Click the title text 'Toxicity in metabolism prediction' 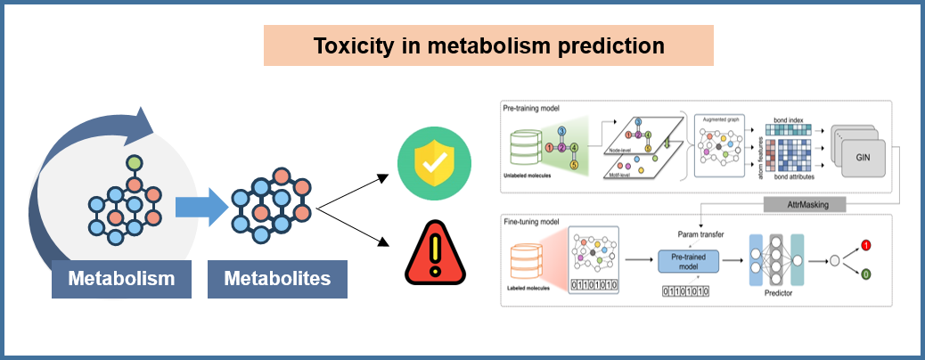[488, 45]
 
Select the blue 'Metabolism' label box [121, 279]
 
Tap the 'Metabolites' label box [277, 279]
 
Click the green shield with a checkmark [434, 163]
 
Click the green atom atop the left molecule [133, 165]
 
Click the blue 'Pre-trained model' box [688, 261]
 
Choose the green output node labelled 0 [864, 275]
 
